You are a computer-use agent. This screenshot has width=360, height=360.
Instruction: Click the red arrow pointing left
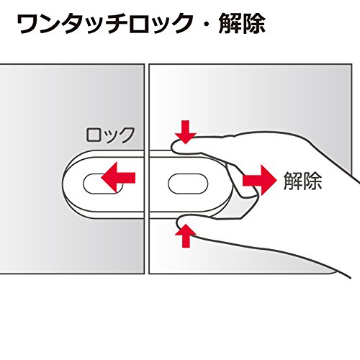coord(118,177)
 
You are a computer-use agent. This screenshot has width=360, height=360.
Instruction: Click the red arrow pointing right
coord(260,180)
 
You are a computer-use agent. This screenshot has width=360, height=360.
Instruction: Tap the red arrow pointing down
coord(186,132)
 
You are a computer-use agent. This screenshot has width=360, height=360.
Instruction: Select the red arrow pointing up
coord(186,235)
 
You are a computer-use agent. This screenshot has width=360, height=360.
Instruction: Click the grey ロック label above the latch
coord(110,135)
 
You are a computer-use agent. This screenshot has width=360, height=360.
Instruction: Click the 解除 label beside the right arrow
coord(302,181)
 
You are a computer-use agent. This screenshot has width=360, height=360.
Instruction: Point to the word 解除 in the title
coord(242,24)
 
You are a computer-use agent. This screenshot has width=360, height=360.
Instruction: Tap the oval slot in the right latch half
coord(188,184)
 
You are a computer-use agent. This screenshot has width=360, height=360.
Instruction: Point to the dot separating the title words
coord(207,24)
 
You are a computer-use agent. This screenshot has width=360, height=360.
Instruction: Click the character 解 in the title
coord(230,24)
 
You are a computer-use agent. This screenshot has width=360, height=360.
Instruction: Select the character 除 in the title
coord(253,24)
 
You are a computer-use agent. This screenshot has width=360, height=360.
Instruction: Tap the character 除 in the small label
coord(312,181)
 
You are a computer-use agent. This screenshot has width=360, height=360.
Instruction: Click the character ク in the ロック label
coord(126,135)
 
